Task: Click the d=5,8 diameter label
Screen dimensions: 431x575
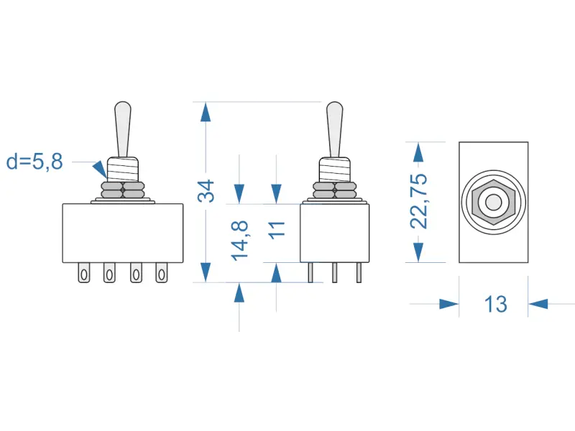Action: pos(34,162)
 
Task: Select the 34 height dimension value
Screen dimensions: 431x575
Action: pos(207,192)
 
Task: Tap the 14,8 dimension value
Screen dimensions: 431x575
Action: pos(241,239)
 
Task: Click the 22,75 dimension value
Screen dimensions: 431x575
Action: pos(419,201)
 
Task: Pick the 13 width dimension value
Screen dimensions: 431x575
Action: pos(495,304)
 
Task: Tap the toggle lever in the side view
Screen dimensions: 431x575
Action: pos(334,128)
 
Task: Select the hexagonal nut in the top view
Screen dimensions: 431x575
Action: pos(493,203)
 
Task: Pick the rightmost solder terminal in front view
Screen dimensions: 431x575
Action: pos(162,273)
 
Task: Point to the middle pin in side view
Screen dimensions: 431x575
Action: pos(335,273)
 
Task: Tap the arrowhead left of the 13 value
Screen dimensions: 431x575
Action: pos(448,304)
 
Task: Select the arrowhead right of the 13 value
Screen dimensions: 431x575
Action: pos(538,304)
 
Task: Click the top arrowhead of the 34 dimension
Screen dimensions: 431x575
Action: pos(206,112)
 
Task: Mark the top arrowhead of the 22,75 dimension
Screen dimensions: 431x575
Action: pos(419,152)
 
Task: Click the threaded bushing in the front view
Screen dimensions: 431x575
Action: pos(123,170)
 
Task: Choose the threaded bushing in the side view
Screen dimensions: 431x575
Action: pos(334,170)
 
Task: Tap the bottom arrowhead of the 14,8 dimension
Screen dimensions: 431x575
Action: pos(240,292)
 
